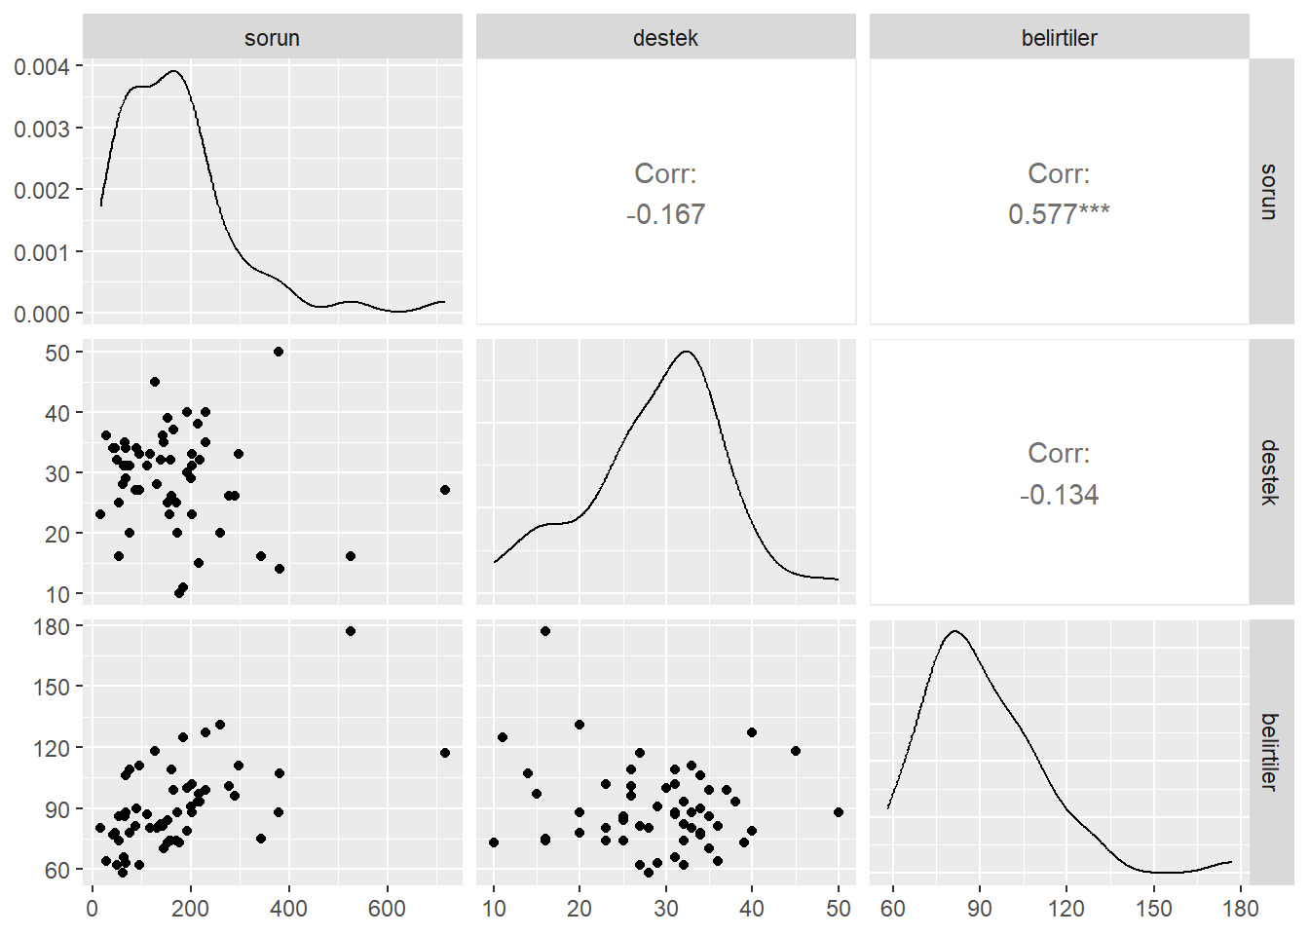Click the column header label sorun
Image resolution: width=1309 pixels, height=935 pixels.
[272, 38]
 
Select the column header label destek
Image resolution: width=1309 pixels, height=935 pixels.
[665, 38]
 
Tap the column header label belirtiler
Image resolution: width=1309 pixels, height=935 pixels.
[1059, 38]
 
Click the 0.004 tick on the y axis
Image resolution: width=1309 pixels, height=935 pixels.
[42, 66]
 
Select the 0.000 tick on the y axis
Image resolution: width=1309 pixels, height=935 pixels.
[42, 314]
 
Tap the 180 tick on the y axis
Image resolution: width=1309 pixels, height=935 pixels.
[52, 626]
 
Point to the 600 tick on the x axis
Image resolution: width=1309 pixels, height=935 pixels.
[387, 909]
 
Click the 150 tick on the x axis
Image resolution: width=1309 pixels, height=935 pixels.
[1154, 909]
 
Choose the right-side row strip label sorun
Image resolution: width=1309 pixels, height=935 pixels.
[1269, 191]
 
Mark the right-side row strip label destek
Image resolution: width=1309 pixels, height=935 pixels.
[1269, 471]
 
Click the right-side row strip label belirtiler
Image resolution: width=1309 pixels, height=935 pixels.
[1269, 751]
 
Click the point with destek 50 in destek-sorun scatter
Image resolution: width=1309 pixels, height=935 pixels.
[279, 352]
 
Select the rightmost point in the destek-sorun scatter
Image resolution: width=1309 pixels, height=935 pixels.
[445, 490]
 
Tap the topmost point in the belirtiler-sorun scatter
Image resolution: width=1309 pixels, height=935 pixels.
[351, 631]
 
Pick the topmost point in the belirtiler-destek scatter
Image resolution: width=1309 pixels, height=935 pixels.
[545, 631]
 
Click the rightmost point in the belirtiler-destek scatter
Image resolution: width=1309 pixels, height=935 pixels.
[839, 812]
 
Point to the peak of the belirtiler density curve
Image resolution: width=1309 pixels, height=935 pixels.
[955, 631]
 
